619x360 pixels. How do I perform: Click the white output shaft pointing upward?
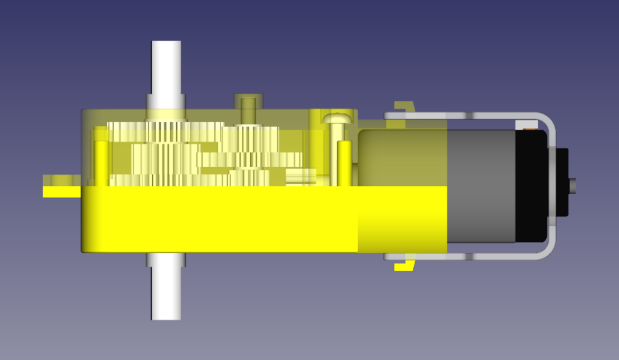click(x=166, y=68)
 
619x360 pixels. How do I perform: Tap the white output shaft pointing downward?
click(x=166, y=294)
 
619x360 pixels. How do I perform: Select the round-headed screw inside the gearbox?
click(x=337, y=119)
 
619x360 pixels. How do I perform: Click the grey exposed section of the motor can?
click(x=480, y=187)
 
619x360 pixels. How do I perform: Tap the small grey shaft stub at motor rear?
click(x=573, y=186)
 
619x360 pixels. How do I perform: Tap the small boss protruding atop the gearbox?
click(x=248, y=103)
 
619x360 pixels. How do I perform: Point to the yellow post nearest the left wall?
click(x=101, y=158)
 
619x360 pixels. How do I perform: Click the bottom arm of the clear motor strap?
click(x=464, y=257)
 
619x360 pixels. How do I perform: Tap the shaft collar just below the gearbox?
click(x=166, y=259)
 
